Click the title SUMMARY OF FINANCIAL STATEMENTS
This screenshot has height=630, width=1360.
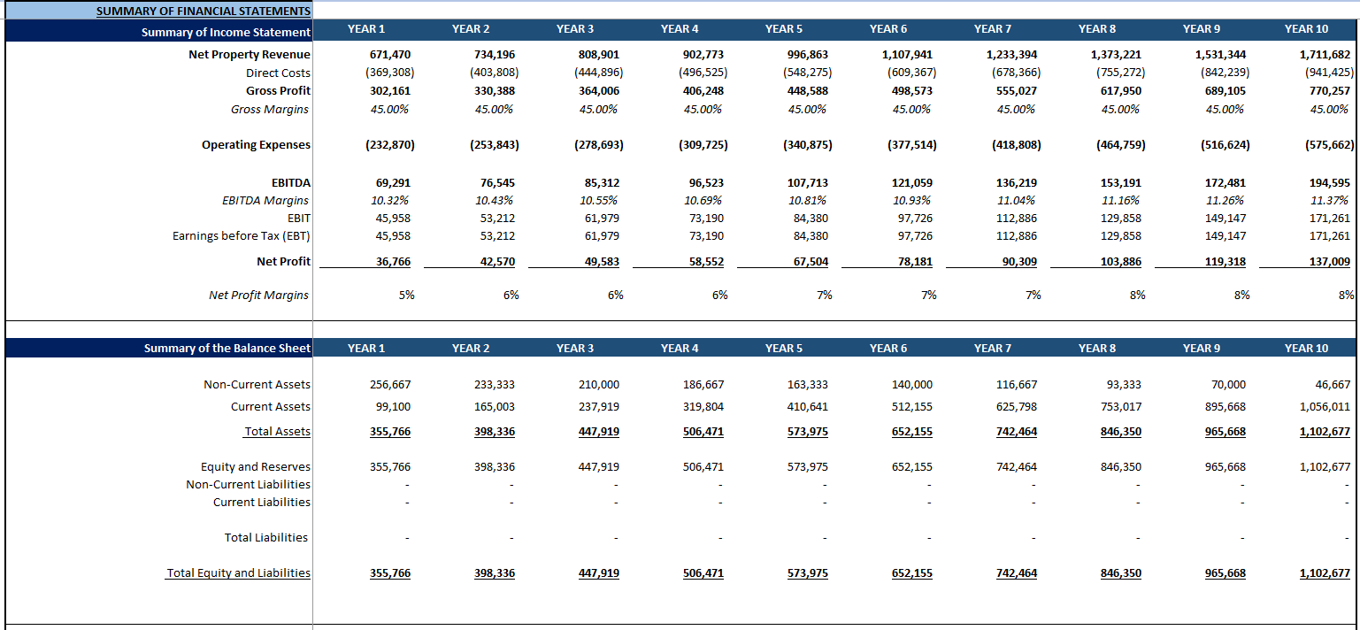203,12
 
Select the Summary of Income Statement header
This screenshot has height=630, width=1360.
226,32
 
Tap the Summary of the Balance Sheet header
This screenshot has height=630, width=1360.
227,348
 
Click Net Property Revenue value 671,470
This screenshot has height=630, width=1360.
390,55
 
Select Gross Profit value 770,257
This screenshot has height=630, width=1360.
1329,91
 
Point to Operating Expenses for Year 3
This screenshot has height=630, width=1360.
598,145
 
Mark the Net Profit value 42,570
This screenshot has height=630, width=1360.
495,262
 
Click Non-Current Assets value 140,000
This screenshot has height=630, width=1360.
911,385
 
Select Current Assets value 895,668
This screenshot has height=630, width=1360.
1225,407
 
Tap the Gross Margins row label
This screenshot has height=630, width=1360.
270,110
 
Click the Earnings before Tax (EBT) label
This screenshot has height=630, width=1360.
242,236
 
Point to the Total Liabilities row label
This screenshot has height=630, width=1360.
265,538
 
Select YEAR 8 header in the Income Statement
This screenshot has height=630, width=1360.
1096,29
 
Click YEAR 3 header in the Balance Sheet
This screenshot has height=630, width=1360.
575,348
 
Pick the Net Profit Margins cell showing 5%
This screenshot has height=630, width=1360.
406,296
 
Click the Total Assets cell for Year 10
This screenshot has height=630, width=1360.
1325,432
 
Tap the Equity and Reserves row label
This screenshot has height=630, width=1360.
255,467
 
